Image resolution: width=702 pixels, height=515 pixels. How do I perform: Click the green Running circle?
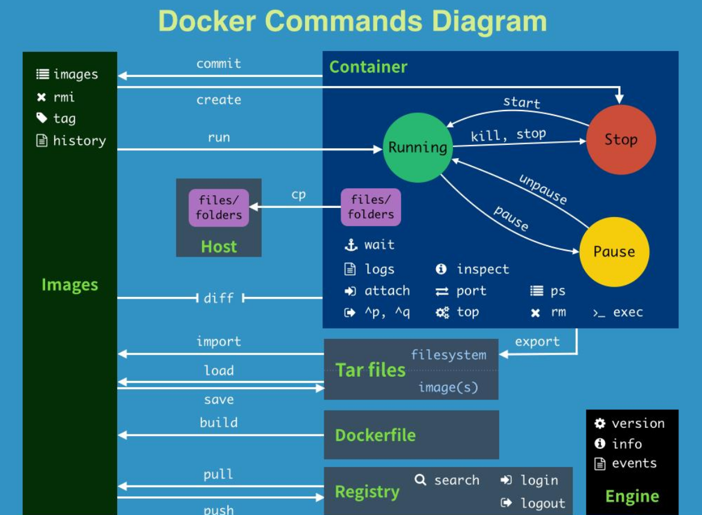(x=417, y=147)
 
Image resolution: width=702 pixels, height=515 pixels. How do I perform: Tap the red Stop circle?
(x=621, y=140)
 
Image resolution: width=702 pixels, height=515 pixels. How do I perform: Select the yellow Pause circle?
(x=614, y=252)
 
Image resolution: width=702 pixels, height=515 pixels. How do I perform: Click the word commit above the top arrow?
(x=218, y=64)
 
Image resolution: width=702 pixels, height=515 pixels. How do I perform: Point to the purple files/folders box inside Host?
(x=218, y=208)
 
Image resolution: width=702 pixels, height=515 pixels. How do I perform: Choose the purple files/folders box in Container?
(x=371, y=207)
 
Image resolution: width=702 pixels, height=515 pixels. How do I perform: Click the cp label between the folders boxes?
(x=298, y=195)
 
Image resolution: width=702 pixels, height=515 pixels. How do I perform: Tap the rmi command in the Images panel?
(x=64, y=97)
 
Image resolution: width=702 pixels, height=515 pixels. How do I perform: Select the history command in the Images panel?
(x=79, y=141)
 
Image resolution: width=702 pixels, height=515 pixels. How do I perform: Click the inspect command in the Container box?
(x=482, y=269)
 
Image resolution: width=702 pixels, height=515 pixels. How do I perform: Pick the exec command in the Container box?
(x=627, y=312)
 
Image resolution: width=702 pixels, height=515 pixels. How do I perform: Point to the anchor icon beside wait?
(x=351, y=245)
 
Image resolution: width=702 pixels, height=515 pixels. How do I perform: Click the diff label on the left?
(x=218, y=297)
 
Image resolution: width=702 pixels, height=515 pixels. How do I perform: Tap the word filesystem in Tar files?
(x=448, y=355)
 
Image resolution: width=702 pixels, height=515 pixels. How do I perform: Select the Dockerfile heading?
(x=375, y=435)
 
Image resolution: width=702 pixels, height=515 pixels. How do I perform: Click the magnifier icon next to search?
(x=420, y=480)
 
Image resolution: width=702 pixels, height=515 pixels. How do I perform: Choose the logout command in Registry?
(x=543, y=503)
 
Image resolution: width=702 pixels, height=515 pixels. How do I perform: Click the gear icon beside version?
(x=600, y=424)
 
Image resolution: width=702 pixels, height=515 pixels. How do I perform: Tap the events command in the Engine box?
(x=634, y=463)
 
